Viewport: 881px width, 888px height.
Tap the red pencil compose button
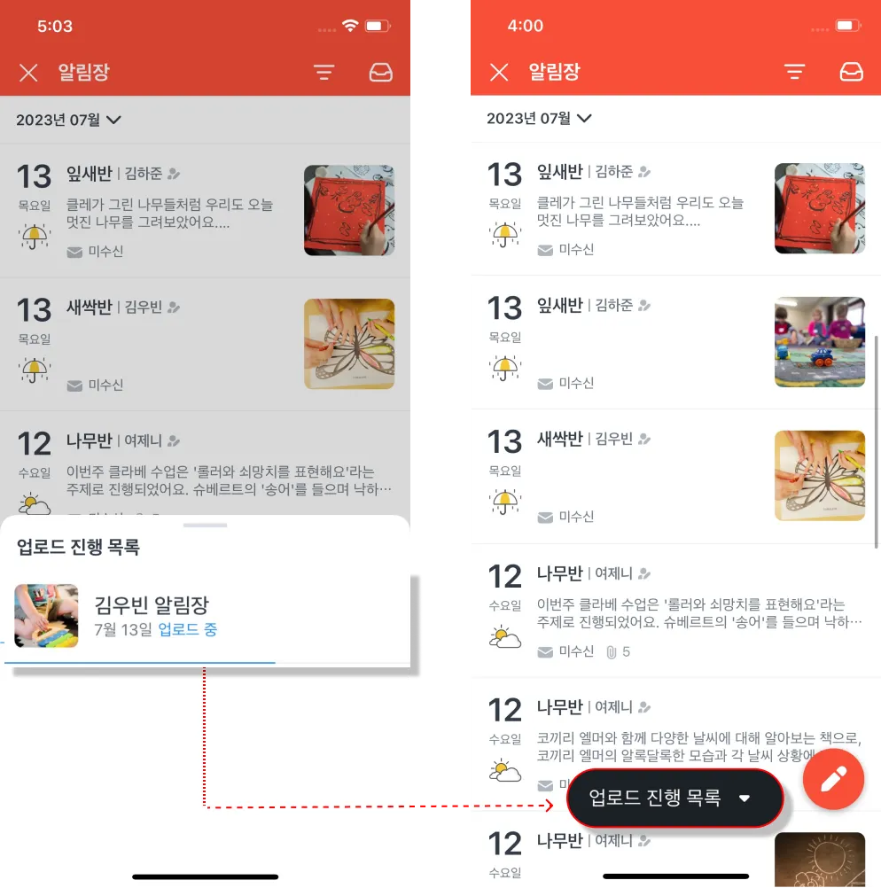(833, 779)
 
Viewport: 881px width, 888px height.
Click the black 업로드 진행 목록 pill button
(674, 798)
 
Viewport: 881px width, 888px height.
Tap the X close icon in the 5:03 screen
(28, 73)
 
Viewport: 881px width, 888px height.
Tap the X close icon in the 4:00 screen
(499, 72)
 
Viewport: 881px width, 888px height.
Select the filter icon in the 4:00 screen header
(794, 72)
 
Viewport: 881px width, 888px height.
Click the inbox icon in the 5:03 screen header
(381, 73)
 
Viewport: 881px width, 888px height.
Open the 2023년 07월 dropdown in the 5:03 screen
(68, 120)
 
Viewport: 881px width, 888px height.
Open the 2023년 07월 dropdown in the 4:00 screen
(539, 119)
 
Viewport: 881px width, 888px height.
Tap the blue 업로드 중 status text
(188, 629)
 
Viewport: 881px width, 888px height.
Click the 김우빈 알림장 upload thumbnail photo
(46, 616)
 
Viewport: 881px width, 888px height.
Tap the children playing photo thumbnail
(820, 342)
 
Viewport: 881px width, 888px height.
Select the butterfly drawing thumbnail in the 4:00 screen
(820, 476)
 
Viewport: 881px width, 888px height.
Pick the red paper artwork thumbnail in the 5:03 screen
(349, 210)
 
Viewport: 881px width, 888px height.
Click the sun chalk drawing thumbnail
(820, 859)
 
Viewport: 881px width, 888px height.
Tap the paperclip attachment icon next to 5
(612, 652)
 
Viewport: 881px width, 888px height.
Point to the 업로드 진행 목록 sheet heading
(78, 547)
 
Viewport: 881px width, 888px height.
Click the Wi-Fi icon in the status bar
(350, 26)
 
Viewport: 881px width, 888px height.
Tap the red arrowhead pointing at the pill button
(549, 806)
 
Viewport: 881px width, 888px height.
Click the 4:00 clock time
(526, 26)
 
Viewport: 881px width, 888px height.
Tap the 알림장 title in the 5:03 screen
(84, 72)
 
